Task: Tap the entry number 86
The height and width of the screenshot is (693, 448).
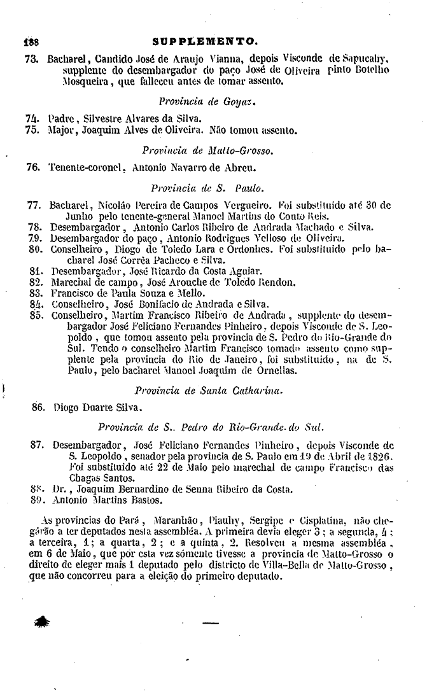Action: coord(39,407)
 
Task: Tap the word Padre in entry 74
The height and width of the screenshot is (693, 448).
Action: coord(61,118)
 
